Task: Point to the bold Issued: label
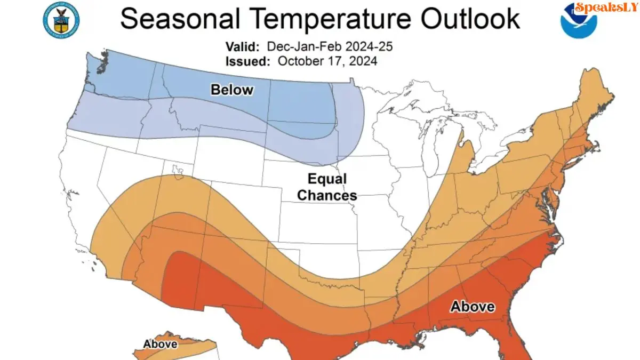point(247,61)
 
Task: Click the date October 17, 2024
point(327,61)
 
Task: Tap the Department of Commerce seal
point(57,19)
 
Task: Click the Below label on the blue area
point(232,90)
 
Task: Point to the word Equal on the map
point(327,179)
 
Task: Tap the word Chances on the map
point(327,196)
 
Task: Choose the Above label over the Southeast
point(473,307)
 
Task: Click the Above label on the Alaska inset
point(160,344)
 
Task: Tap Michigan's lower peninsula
point(469,155)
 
